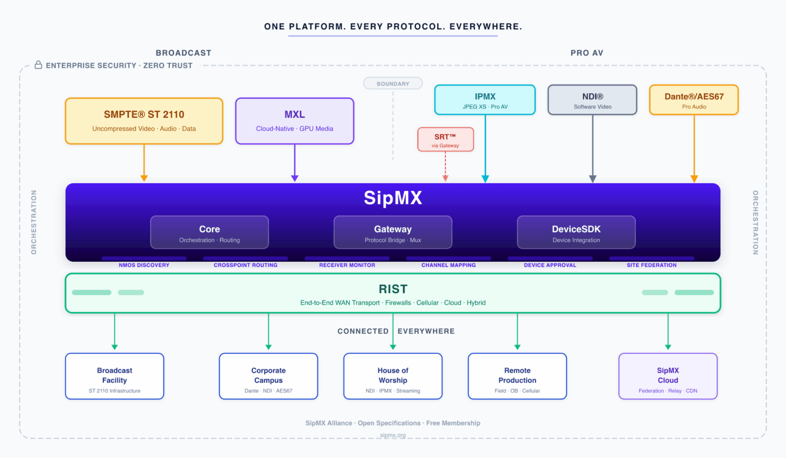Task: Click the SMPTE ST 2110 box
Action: pos(144,121)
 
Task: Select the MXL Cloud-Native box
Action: pos(294,121)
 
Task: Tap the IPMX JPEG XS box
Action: pos(485,100)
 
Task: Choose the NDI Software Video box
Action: pos(592,100)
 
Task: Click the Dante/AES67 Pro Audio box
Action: pos(694,100)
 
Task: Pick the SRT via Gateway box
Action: pos(445,140)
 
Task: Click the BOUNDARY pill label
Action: pos(393,84)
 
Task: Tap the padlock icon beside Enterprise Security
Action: pos(38,65)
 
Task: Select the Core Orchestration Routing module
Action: pos(210,232)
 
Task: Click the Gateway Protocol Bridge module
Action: pos(393,232)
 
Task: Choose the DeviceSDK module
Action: pos(576,232)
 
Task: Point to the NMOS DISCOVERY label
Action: pos(144,265)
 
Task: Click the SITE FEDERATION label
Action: pos(651,265)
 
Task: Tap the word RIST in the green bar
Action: pos(393,289)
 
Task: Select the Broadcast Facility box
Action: pos(115,376)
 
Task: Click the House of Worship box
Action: pos(393,376)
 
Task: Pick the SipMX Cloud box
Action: pos(668,376)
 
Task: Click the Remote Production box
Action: pos(517,376)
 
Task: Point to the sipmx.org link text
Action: pos(393,435)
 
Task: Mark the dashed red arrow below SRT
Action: pos(445,166)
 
